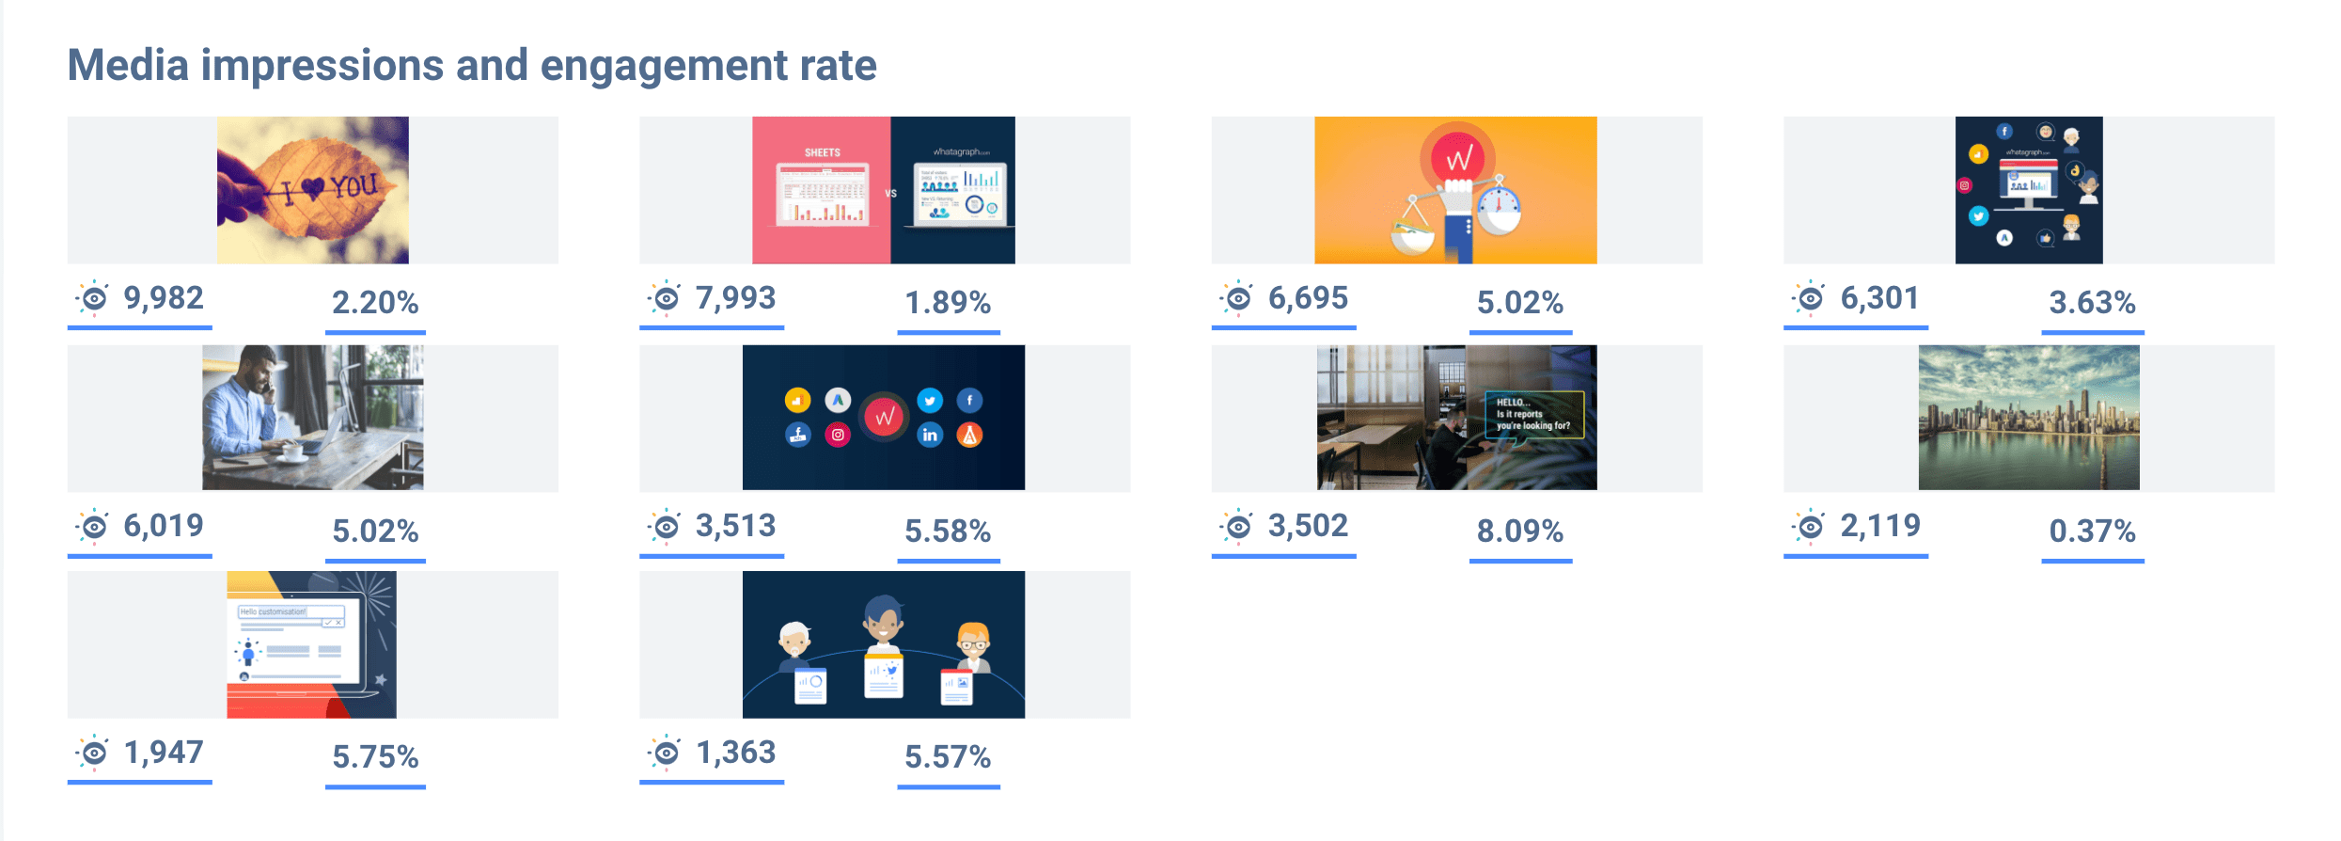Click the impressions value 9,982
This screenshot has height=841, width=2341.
click(x=164, y=298)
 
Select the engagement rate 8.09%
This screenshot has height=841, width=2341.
click(x=1519, y=532)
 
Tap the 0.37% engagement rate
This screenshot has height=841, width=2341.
click(x=2092, y=532)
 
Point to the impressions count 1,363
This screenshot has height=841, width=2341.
click(x=735, y=753)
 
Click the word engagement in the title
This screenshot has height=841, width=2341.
click(x=664, y=66)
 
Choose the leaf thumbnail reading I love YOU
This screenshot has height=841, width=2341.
click(x=313, y=189)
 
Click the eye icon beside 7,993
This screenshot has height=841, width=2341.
click(x=666, y=298)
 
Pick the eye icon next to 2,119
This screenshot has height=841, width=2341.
click(x=1810, y=526)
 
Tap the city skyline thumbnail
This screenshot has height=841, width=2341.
click(x=2028, y=418)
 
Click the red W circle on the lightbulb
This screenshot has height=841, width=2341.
click(x=1458, y=158)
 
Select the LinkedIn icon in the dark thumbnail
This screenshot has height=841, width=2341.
click(x=930, y=435)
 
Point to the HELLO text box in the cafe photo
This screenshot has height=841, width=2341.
click(x=1533, y=414)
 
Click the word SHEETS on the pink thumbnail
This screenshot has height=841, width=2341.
click(x=822, y=152)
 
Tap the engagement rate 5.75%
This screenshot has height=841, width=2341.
click(x=375, y=757)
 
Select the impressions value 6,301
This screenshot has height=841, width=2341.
click(x=1878, y=298)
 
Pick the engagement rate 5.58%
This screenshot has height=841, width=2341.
click(x=947, y=532)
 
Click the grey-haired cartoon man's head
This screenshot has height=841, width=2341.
click(x=794, y=638)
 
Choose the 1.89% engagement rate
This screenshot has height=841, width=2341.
click(x=947, y=303)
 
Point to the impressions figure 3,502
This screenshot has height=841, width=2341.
click(x=1307, y=526)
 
